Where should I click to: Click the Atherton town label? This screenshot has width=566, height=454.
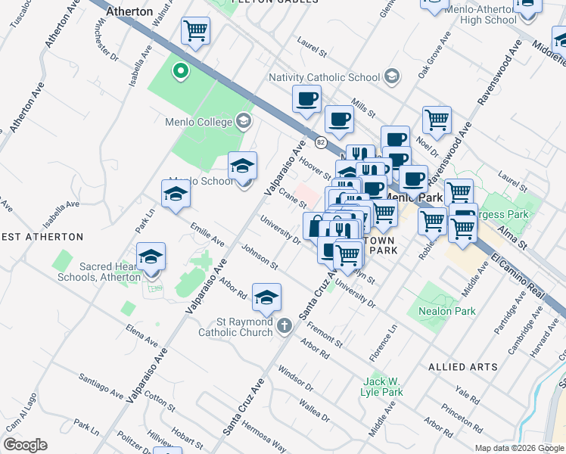(129, 12)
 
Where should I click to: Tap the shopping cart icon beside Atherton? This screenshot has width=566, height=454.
(195, 31)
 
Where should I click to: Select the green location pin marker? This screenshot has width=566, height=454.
(180, 72)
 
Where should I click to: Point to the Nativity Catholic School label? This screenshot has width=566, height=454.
(324, 77)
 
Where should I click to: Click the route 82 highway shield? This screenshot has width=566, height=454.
(322, 141)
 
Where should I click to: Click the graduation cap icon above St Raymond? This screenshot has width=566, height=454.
(266, 297)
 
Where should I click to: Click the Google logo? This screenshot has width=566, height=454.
(25, 445)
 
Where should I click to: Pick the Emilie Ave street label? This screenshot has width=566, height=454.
(207, 234)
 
